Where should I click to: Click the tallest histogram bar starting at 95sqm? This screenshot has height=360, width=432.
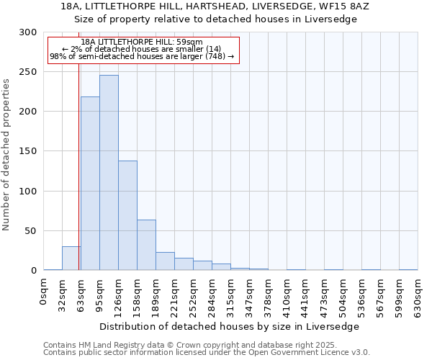point(109,173)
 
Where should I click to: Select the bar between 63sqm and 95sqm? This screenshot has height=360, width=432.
point(90,184)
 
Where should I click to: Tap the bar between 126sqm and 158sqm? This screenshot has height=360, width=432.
point(127,215)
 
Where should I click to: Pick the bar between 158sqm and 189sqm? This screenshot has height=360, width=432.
point(146,245)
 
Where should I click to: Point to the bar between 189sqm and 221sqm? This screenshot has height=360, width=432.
point(165,261)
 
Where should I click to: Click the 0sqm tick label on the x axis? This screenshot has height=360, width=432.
point(44,294)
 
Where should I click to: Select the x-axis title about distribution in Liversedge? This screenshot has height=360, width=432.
point(230,326)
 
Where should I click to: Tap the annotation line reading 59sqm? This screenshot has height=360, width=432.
point(142,42)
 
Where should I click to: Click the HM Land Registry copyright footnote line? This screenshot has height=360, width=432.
point(206,345)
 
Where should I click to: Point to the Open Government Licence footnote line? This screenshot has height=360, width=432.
point(206,353)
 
